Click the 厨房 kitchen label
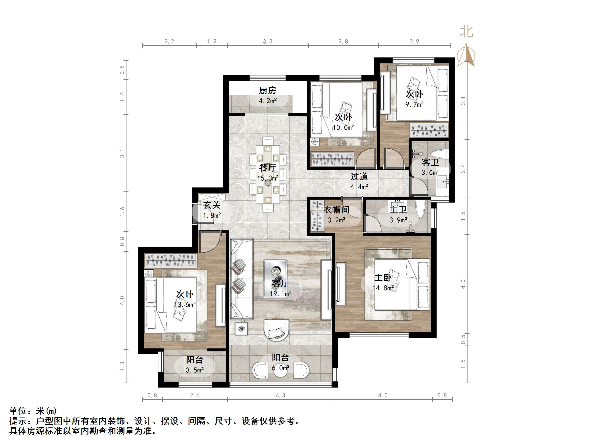[267, 90]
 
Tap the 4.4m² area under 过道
[359, 187]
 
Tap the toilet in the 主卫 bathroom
[420, 210]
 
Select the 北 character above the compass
[467, 32]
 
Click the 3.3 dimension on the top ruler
[268, 42]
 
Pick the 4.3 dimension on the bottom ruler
[280, 395]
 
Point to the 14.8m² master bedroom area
[383, 288]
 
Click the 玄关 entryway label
[212, 205]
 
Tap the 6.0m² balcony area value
[280, 368]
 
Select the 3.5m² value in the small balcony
[195, 370]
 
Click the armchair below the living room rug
[276, 330]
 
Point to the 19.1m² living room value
[280, 294]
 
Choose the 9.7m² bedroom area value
[414, 104]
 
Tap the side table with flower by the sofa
[241, 329]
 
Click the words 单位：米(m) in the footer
[33, 411]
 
